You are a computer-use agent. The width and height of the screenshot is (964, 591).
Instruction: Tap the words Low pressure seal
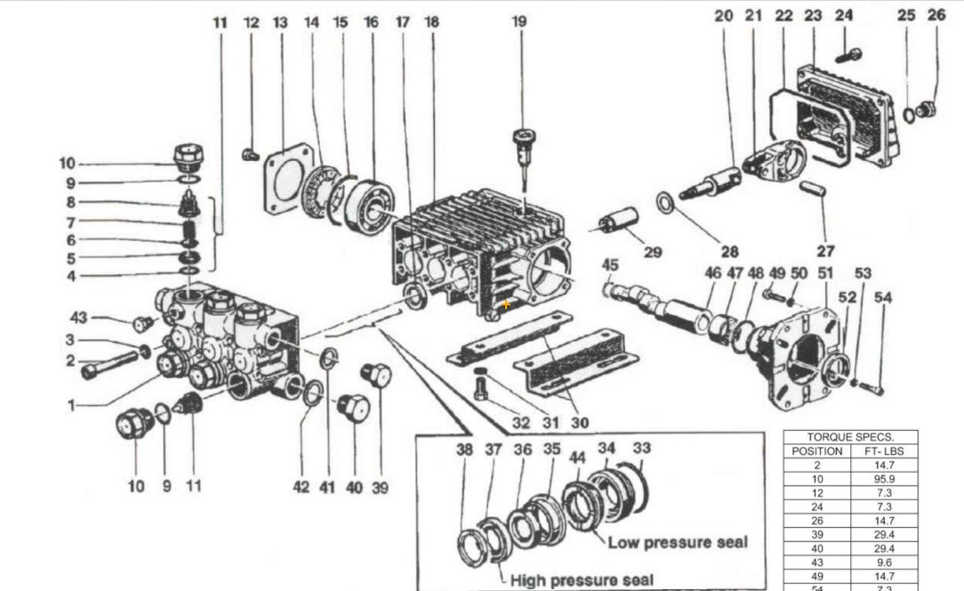(678, 542)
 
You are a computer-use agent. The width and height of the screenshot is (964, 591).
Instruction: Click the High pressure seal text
(582, 579)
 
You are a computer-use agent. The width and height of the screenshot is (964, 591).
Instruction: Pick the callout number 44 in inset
(578, 457)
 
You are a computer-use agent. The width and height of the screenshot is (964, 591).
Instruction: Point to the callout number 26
(936, 15)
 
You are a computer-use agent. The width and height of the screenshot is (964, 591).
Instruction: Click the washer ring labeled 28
(665, 202)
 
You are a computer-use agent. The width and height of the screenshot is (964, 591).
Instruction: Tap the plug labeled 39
(377, 375)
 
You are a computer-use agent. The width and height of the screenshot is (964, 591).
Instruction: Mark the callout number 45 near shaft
(610, 264)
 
